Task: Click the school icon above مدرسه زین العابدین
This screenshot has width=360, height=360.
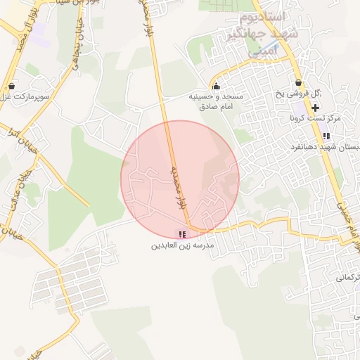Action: pyautogui.click(x=182, y=234)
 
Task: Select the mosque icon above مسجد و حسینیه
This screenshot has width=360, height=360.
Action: pyautogui.click(x=215, y=86)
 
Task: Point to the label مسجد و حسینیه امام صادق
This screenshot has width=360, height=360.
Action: pyautogui.click(x=215, y=101)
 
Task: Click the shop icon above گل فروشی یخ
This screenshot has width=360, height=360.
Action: pyautogui.click(x=299, y=84)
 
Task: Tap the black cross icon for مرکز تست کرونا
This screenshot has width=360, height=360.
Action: pyautogui.click(x=315, y=108)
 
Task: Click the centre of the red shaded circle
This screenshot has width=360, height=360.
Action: pyautogui.click(x=180, y=179)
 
